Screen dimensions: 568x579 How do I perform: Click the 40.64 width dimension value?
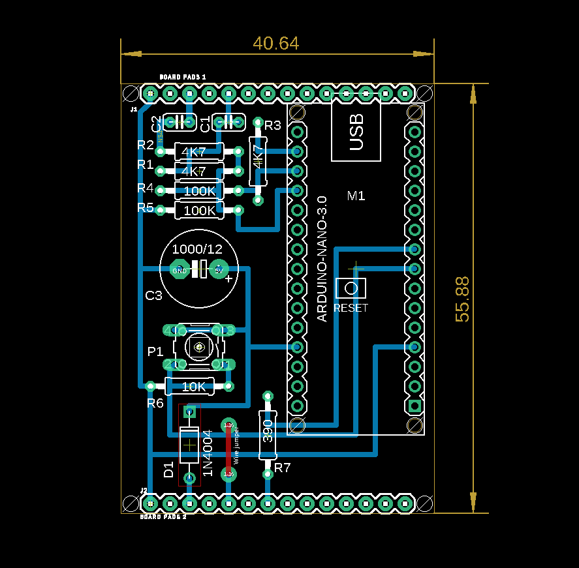tap(276, 44)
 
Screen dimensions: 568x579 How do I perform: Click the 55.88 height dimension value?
tap(462, 299)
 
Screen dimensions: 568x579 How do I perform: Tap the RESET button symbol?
tap(351, 288)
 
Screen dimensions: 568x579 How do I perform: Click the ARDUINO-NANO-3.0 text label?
tap(321, 258)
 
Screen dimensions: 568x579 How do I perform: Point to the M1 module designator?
tap(356, 196)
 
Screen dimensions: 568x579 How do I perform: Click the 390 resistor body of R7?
tap(267, 433)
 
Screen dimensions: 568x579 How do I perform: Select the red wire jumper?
tap(228, 450)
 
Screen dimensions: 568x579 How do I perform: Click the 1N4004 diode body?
tap(189, 445)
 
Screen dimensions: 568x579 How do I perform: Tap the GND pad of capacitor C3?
tap(179, 269)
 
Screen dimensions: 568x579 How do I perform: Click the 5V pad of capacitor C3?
tap(218, 269)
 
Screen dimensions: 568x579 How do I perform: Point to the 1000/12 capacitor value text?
tap(197, 249)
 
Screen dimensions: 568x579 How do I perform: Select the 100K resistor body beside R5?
tap(199, 211)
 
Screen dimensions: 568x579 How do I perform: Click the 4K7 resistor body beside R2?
tap(195, 152)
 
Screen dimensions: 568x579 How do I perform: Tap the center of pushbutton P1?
tap(198, 347)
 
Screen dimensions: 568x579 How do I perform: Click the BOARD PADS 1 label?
tap(183, 77)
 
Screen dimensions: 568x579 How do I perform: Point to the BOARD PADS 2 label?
tap(163, 516)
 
